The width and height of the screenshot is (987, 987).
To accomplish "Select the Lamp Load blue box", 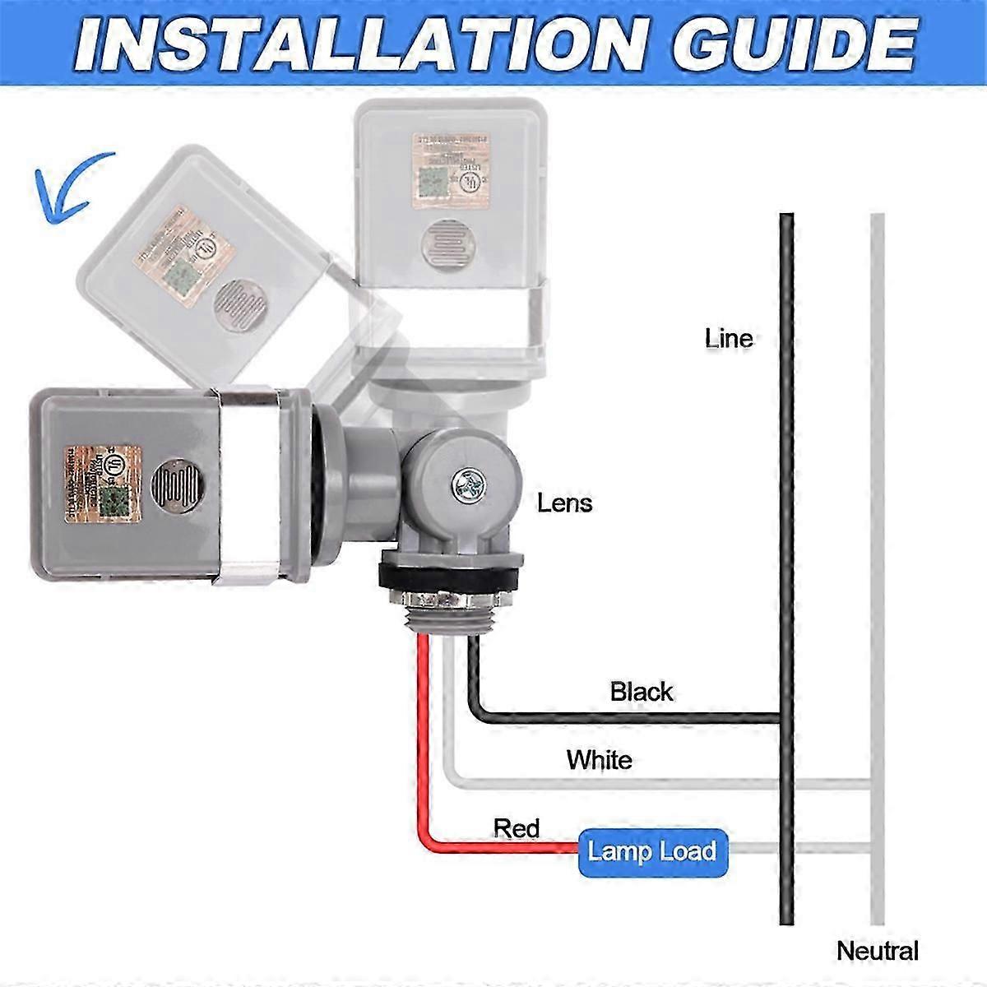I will (651, 851).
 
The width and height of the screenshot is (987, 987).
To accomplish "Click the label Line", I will (728, 338).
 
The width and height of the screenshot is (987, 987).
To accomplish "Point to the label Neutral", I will (877, 951).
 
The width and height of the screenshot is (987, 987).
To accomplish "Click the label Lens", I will (564, 503).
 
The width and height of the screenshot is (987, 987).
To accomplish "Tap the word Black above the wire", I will (641, 692).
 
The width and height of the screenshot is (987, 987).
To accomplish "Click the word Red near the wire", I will (516, 827).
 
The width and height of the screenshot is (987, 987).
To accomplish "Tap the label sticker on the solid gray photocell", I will (104, 484).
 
